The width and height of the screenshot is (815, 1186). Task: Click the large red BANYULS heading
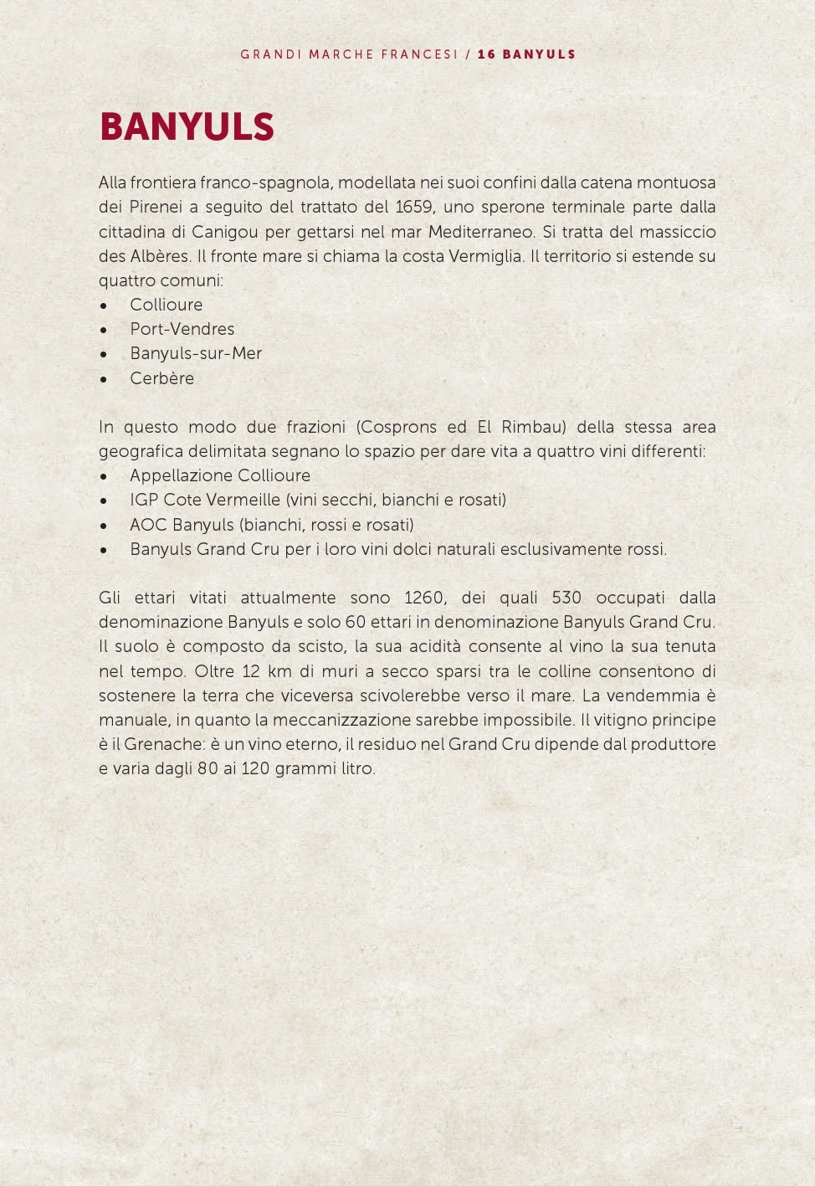pos(187,127)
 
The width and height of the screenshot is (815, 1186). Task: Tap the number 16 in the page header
pos(487,54)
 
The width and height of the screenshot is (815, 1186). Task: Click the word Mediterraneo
pos(480,232)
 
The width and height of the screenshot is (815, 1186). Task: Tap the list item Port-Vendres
pos(182,329)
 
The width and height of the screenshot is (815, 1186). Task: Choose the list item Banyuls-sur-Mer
pos(196,353)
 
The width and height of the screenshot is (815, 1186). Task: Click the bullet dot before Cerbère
pos(104,379)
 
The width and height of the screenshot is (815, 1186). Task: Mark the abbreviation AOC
pos(148,525)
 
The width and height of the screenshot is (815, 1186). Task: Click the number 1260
pos(424,598)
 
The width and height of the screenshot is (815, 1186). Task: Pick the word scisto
pos(320,646)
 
